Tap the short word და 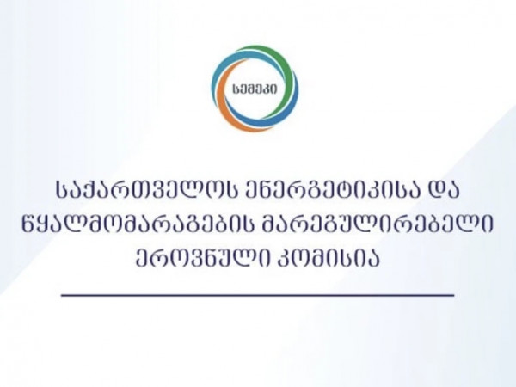[x=442, y=192]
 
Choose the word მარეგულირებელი [x=378, y=224]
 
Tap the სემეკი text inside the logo [x=254, y=89]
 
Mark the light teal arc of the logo [x=227, y=67]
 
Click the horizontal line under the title [x=258, y=295]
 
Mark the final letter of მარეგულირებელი [x=488, y=224]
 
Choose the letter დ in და [x=433, y=192]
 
